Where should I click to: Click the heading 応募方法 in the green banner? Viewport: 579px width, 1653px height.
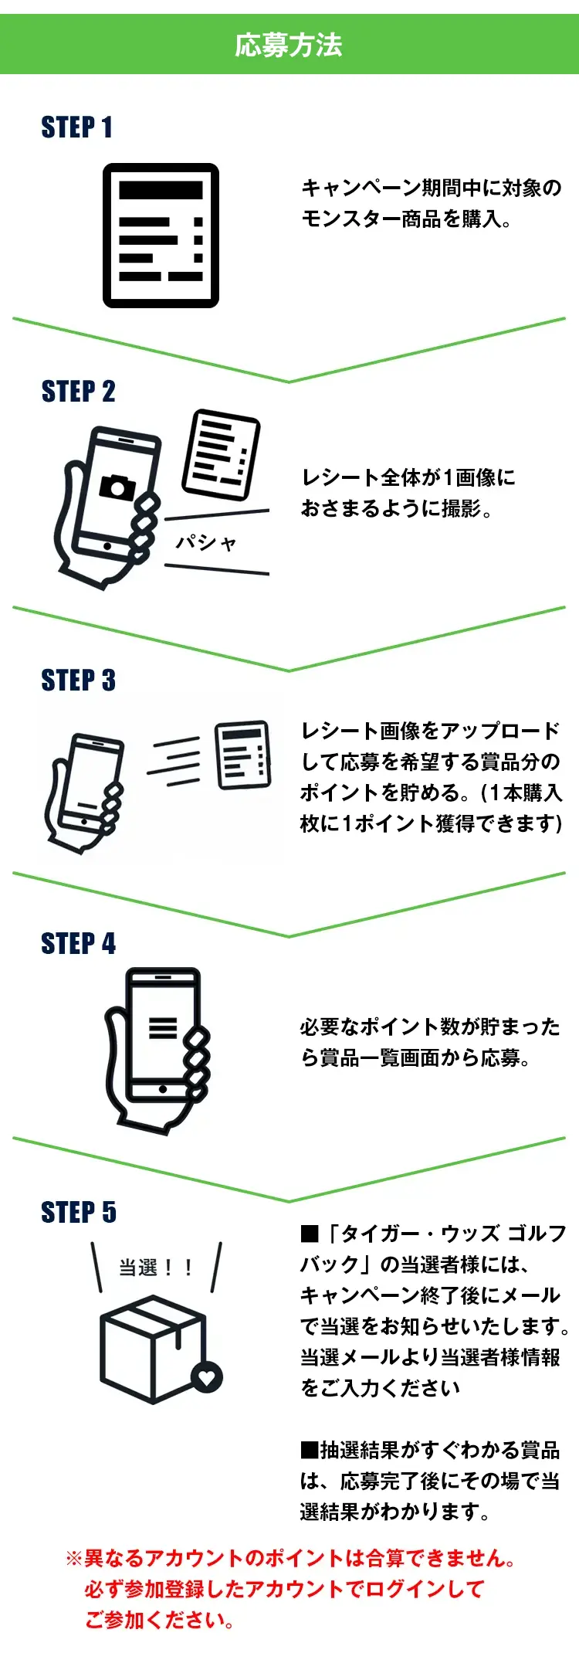289,45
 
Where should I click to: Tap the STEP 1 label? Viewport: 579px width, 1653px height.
77,127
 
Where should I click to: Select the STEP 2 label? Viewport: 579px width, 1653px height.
78,392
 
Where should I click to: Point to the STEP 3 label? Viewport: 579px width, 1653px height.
78,681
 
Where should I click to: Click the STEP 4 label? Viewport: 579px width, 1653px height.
78,944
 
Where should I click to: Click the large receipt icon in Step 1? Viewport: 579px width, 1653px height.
161,236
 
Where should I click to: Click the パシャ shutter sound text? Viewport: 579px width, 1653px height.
205,543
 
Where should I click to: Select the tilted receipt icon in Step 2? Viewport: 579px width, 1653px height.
221,456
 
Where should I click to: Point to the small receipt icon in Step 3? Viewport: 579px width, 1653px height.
243,755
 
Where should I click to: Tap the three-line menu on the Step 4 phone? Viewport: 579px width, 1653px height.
163,1027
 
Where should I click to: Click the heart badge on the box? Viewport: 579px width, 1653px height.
207,1376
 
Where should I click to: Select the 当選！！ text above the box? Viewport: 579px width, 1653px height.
155,1268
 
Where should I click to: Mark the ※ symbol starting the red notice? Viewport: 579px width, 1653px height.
74,1558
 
